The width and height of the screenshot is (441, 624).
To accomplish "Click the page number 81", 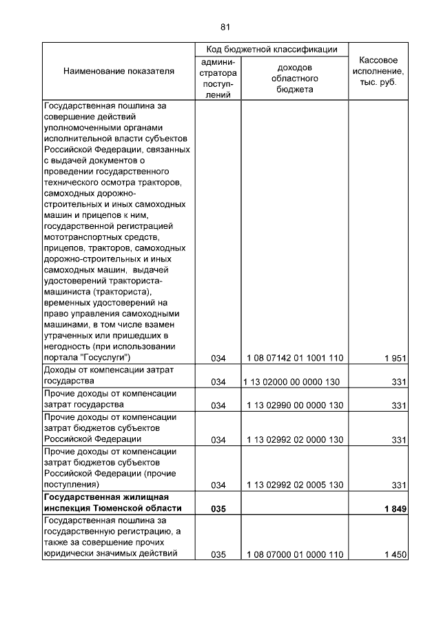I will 225,27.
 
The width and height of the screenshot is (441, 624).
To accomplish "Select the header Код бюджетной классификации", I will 271,50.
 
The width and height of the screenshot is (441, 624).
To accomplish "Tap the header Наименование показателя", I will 119,72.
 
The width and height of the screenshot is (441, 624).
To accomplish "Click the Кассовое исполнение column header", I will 378,71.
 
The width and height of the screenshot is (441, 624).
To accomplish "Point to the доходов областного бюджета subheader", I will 295,78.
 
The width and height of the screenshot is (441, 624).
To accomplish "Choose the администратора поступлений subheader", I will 218,78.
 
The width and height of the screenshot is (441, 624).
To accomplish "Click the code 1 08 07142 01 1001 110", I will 295,358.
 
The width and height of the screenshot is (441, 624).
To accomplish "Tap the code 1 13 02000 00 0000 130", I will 294,382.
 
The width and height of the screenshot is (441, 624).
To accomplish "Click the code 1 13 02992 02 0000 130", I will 295,440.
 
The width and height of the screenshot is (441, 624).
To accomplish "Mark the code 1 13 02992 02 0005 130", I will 295,485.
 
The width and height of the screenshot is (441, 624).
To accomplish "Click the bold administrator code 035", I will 218,509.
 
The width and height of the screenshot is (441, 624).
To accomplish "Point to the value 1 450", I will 396,554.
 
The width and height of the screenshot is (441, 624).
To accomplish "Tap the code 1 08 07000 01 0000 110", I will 295,554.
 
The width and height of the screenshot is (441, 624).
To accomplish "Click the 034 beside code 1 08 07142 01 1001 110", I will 218,358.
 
